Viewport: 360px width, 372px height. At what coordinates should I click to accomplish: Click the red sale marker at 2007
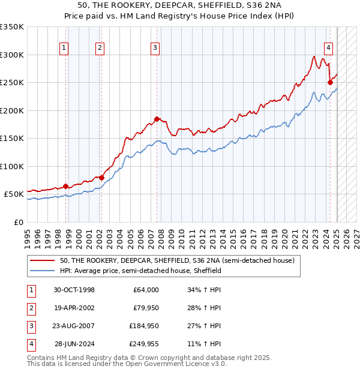pyautogui.click(x=157, y=119)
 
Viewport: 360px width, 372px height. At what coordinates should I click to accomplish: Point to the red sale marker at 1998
pyautogui.click(x=65, y=186)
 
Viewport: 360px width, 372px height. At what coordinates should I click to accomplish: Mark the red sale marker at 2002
pyautogui.click(x=101, y=178)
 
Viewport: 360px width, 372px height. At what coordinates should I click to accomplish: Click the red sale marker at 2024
pyautogui.click(x=330, y=83)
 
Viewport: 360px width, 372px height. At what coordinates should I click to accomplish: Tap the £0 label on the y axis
pyautogui.click(x=17, y=222)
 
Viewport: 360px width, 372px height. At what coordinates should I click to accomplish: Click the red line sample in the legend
pyautogui.click(x=43, y=261)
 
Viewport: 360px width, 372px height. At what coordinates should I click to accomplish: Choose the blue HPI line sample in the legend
pyautogui.click(x=43, y=271)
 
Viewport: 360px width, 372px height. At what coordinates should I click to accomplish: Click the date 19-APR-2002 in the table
pyautogui.click(x=74, y=308)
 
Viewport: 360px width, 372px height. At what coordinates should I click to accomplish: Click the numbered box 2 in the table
pyautogui.click(x=30, y=308)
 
